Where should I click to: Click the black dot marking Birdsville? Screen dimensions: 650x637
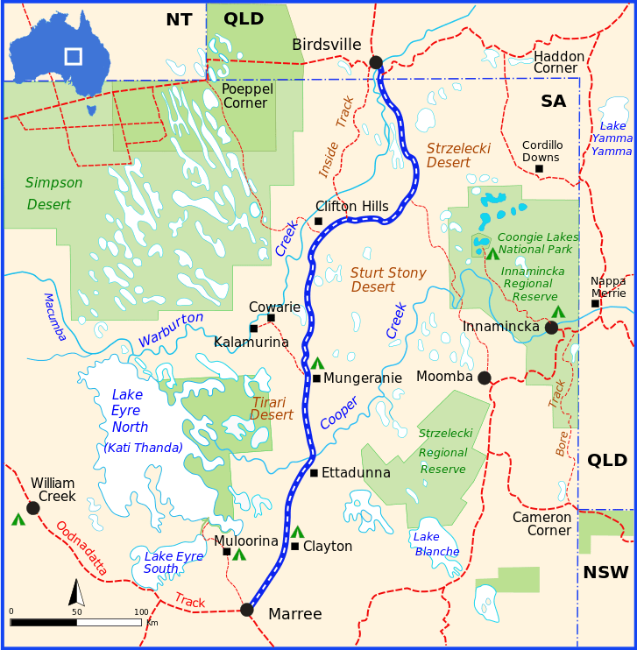coord(376,62)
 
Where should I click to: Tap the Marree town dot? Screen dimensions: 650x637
coord(247,610)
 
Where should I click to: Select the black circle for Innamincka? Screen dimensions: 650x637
coord(551,328)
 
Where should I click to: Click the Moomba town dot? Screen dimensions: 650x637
coord(485,378)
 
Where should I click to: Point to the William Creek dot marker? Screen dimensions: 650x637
coord(33,508)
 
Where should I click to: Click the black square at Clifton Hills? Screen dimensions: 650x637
coord(318,221)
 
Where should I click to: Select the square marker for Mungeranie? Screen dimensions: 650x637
coord(316,378)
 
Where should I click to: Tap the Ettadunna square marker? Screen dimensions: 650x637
coord(314,473)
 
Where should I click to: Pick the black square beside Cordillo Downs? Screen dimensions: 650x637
coord(539,168)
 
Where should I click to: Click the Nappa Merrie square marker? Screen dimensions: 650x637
coord(595,304)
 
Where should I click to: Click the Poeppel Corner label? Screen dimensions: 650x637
coord(247,96)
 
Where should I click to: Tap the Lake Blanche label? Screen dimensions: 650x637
coord(436,544)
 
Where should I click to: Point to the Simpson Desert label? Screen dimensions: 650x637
coord(53,194)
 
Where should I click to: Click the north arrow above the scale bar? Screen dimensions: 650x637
coord(77,593)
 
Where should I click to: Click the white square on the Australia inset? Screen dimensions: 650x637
coord(73,56)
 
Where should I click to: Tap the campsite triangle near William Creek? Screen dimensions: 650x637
coord(18,519)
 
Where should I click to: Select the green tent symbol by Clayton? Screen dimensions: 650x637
coord(297,532)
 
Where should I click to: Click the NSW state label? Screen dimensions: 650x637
coord(605,573)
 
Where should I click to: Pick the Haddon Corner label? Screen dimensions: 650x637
coord(559,62)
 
